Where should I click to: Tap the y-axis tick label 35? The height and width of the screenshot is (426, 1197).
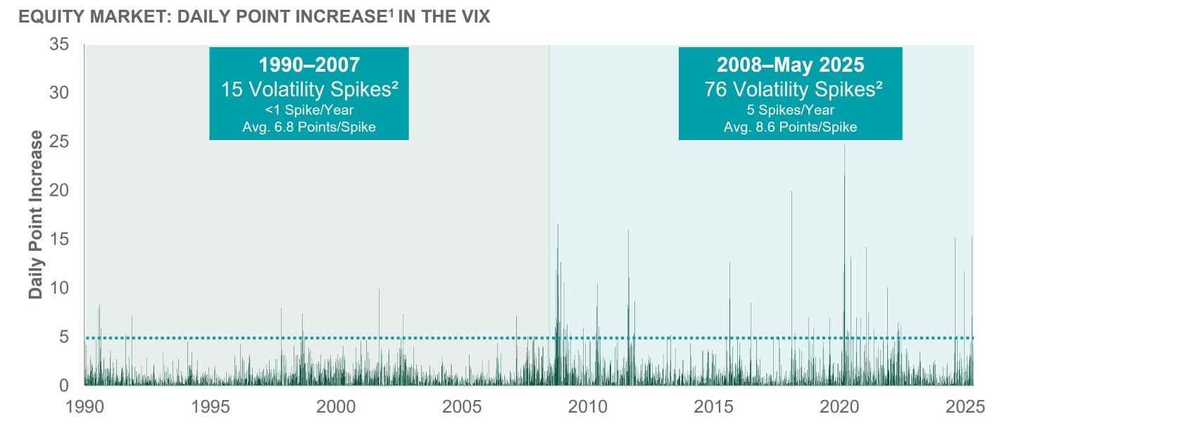59,44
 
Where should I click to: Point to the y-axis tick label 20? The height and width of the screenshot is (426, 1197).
59,190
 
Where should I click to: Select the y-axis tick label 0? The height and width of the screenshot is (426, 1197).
64,385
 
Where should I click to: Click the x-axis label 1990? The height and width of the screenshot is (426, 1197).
84,406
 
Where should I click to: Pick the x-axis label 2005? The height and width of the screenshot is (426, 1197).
462,406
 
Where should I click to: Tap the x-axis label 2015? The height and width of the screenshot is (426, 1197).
713,406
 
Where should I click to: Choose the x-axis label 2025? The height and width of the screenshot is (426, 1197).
965,406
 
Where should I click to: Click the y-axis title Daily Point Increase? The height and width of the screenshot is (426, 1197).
35,215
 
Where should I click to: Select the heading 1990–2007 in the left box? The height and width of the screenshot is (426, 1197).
309,65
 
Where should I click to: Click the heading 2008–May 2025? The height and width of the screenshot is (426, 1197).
790,65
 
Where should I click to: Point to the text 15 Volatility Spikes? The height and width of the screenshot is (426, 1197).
309,89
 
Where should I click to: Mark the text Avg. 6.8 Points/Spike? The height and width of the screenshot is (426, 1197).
309,127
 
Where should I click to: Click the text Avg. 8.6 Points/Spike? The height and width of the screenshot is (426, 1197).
790,127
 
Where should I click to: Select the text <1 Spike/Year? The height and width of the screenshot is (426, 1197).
309,110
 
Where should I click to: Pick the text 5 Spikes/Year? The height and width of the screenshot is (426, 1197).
790,110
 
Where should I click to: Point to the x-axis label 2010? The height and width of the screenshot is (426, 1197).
588,406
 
